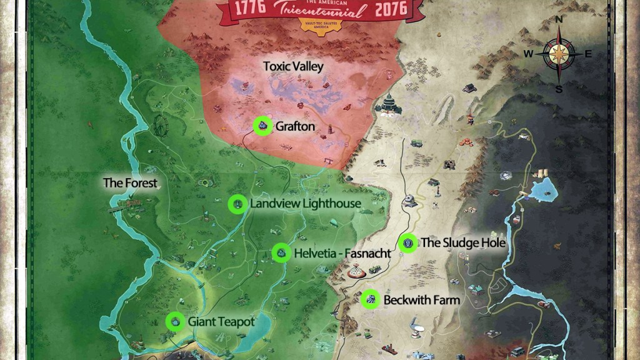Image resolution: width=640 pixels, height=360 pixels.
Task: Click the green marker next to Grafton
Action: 262,126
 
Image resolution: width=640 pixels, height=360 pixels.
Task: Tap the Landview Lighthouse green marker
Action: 237,204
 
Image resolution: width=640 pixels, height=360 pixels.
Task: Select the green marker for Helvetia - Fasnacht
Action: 281,252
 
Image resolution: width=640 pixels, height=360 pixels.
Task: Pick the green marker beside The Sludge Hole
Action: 408,243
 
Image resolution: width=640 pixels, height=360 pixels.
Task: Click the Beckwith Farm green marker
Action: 371,299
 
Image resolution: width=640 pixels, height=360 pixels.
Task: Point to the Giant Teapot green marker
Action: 175,321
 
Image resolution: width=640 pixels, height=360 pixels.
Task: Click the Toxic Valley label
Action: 293,66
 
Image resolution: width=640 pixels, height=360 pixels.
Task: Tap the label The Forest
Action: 130,183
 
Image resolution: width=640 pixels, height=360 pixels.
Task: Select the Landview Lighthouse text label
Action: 306,204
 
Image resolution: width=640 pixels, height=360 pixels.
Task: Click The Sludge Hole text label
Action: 463,242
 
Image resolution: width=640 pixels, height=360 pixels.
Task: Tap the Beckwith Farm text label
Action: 422,300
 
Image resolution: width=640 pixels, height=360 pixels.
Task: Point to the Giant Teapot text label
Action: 222,322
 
